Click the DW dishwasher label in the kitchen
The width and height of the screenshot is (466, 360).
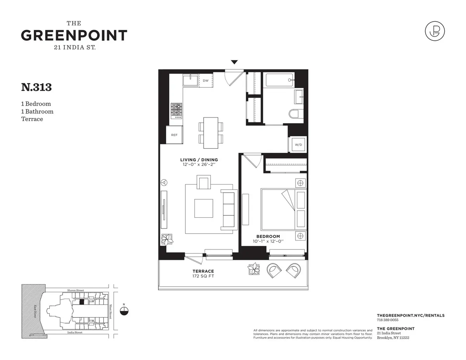[206, 81]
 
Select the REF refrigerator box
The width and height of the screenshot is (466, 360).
[174, 135]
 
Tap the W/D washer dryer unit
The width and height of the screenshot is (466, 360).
[298, 145]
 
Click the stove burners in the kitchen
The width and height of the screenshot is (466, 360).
[177, 110]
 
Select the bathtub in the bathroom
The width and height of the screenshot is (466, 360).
[280, 80]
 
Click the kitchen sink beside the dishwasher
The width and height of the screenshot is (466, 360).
[191, 81]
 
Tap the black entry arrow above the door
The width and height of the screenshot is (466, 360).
[234, 62]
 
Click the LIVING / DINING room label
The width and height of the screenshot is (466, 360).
[199, 160]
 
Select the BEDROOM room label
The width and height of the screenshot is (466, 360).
[268, 236]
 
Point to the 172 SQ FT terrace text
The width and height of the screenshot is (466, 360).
[203, 276]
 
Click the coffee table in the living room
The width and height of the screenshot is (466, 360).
[203, 208]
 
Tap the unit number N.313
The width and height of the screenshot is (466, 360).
[36, 87]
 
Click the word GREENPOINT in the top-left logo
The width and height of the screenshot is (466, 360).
[74, 35]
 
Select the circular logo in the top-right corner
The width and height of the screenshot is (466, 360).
[435, 31]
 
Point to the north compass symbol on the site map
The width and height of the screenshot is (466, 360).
[124, 310]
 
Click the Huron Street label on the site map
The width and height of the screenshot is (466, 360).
[75, 290]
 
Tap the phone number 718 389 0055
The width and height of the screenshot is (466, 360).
[388, 320]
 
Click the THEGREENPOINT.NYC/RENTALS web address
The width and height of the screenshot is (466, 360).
[410, 315]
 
